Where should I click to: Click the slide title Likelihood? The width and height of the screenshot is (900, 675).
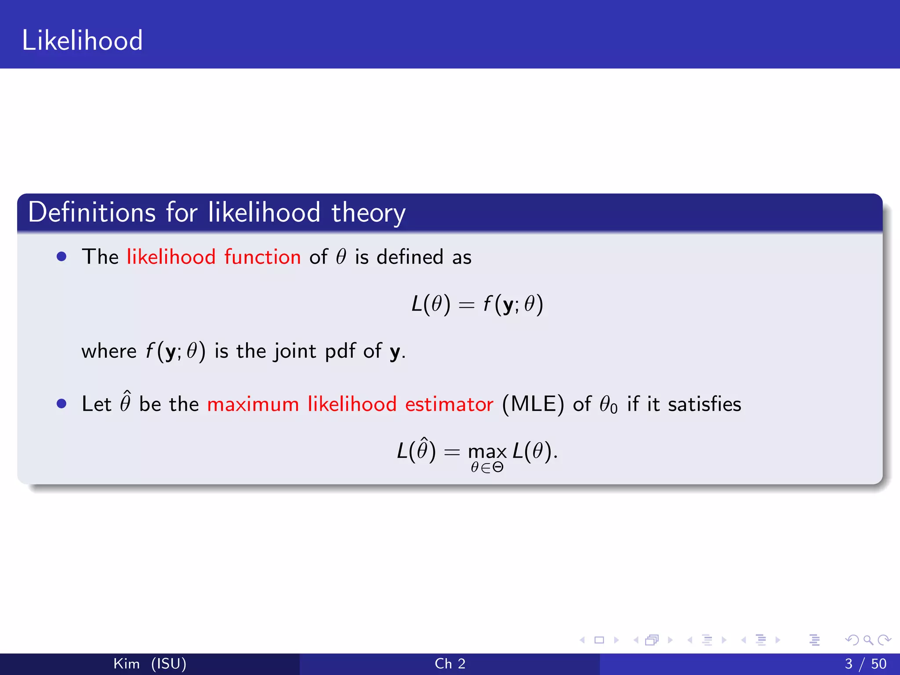click(82, 40)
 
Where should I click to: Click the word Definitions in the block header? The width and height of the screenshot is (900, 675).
click(91, 212)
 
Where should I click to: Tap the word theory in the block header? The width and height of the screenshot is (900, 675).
click(368, 214)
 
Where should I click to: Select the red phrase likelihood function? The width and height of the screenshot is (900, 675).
click(214, 257)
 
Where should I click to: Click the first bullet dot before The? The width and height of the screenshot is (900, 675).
click(62, 257)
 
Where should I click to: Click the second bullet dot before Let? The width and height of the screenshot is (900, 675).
click(62, 403)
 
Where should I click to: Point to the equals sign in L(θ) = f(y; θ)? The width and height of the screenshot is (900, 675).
click(466, 305)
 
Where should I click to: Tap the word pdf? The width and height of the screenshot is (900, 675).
click(340, 352)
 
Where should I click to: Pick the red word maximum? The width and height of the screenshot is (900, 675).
click(253, 404)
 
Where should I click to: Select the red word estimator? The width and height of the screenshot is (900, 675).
click(449, 404)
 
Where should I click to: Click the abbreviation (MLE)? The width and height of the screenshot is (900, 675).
click(533, 404)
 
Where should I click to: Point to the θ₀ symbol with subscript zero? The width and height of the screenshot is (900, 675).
click(608, 404)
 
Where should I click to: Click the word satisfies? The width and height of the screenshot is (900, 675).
click(704, 404)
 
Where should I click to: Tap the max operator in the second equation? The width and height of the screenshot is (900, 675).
click(487, 452)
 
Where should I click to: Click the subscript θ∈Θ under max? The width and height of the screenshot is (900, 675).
click(487, 468)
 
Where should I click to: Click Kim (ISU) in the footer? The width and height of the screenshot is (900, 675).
click(150, 664)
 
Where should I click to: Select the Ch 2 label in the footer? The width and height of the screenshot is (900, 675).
click(450, 664)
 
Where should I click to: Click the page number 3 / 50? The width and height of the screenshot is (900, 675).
click(865, 664)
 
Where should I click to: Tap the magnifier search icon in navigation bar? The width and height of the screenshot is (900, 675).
click(868, 640)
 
